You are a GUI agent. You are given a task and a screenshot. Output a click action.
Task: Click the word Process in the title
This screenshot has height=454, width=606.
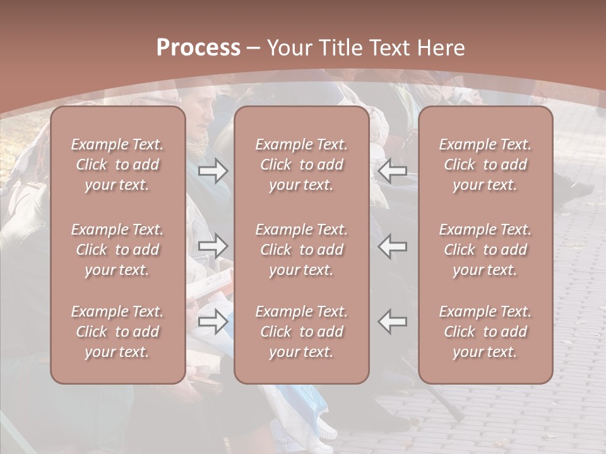point(198,48)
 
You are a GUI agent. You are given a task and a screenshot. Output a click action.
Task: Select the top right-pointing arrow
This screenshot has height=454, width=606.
point(213,170)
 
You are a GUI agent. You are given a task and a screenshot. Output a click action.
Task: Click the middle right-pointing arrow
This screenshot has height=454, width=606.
point(213,246)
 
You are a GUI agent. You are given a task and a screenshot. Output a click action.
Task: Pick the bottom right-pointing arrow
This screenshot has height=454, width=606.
point(213,322)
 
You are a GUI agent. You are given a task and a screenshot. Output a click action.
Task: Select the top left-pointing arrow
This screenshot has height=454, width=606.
point(393,170)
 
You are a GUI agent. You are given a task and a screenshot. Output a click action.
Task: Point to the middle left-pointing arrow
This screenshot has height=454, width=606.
point(393,246)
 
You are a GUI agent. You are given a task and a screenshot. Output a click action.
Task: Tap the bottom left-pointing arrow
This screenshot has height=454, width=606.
point(393,322)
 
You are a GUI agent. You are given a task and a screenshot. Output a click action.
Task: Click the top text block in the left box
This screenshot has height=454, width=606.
point(117,165)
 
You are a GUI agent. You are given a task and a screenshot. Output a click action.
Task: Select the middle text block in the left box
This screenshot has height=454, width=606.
point(117,250)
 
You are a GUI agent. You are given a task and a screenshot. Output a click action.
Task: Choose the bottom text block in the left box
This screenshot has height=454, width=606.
point(117,332)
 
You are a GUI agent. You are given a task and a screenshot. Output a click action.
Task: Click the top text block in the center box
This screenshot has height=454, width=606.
point(302,165)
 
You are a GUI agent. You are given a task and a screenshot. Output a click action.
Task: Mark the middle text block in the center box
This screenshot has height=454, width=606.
point(302,250)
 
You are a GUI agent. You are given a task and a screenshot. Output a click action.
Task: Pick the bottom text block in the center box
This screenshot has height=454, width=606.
point(302,332)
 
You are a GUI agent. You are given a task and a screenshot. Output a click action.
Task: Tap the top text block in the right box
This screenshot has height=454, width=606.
point(485,165)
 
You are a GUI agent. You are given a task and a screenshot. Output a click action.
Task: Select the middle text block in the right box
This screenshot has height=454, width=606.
point(485,250)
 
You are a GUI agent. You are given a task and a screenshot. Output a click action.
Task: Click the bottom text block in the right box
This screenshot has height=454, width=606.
point(485,332)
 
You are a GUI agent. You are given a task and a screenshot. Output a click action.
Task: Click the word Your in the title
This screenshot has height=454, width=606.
point(288,48)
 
